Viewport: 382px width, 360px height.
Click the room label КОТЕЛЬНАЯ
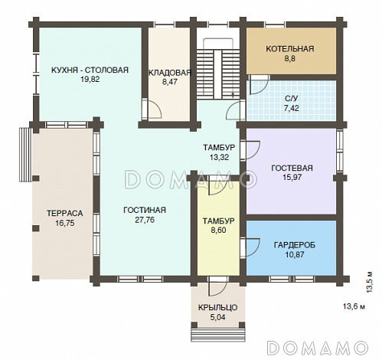[290, 49]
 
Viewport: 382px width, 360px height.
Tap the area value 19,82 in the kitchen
[90, 80]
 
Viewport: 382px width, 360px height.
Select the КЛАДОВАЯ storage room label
[170, 73]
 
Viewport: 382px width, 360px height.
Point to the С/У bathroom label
[292, 99]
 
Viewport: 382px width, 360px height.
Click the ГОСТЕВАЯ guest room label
[292, 168]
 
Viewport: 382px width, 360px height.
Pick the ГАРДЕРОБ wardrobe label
[295, 245]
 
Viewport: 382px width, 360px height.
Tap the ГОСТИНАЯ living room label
[145, 210]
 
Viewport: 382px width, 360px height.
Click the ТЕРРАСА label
[65, 213]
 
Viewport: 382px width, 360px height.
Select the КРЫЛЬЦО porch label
[218, 307]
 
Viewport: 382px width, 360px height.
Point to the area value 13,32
[219, 157]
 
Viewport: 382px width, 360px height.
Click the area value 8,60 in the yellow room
[218, 231]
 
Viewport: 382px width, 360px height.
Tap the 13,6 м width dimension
[354, 306]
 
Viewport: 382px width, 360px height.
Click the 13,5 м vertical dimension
[369, 282]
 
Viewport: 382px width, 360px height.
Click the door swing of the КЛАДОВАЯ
[153, 109]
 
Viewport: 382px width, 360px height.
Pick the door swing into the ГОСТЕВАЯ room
[251, 149]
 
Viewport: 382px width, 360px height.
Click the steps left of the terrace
[25, 155]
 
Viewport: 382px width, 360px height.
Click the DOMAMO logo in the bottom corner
[318, 348]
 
